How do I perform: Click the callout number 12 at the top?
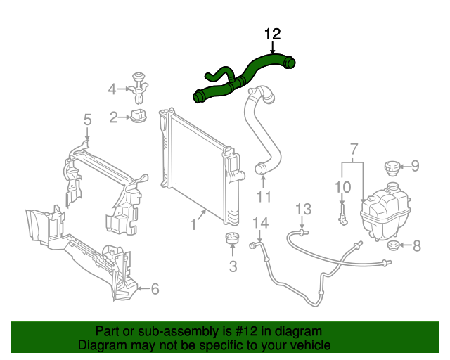pyautogui.click(x=272, y=34)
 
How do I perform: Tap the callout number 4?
pyautogui.click(x=112, y=89)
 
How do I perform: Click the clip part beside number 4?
pyautogui.click(x=139, y=85)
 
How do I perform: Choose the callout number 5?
pyautogui.click(x=87, y=120)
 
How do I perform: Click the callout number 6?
pyautogui.click(x=155, y=288)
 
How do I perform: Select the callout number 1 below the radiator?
pyautogui.click(x=192, y=226)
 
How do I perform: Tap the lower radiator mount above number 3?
pyautogui.click(x=231, y=240)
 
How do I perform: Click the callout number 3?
pyautogui.click(x=233, y=266)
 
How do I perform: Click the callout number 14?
pyautogui.click(x=261, y=223)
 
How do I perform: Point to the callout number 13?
pyautogui.click(x=302, y=209)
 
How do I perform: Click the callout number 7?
pyautogui.click(x=353, y=148)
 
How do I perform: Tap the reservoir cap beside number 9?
pyautogui.click(x=390, y=169)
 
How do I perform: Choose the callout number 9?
pyautogui.click(x=415, y=166)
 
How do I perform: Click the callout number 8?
pyautogui.click(x=416, y=246)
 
